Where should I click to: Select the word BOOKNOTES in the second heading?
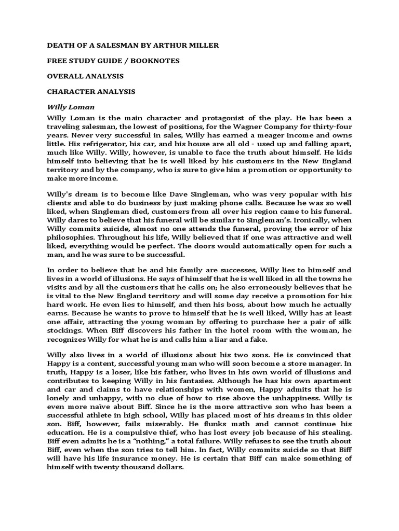(156, 61)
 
